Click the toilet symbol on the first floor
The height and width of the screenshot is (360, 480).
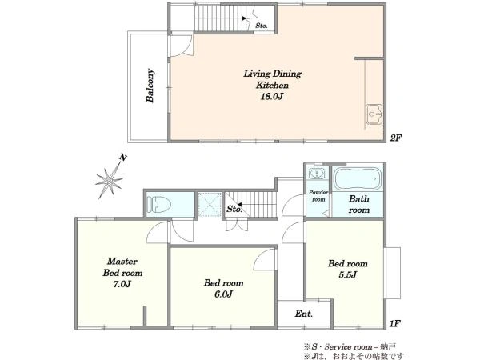click(x=158, y=204)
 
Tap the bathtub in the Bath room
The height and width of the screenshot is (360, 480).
click(x=358, y=178)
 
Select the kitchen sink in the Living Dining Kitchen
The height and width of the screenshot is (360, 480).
click(x=374, y=114)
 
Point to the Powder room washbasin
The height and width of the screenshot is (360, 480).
click(x=317, y=174)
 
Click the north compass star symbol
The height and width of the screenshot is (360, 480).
click(x=109, y=181)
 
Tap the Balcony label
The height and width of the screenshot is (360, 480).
click(x=150, y=86)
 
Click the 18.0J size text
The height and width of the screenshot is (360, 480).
click(x=271, y=97)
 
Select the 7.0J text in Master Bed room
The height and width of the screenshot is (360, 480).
click(x=122, y=284)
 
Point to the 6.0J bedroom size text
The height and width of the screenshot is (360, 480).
click(x=223, y=294)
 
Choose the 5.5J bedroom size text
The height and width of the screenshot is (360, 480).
click(x=348, y=275)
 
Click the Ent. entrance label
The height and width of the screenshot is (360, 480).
click(x=304, y=314)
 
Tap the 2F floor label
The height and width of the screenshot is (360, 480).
click(x=395, y=138)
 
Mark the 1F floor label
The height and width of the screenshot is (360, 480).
click(x=395, y=323)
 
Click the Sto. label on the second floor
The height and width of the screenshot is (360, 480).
click(x=262, y=26)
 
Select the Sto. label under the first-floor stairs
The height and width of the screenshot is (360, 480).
click(x=234, y=209)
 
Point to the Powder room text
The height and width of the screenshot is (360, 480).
click(x=318, y=196)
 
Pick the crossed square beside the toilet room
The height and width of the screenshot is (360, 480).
click(x=210, y=204)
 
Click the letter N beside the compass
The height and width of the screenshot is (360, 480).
click(x=123, y=158)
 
